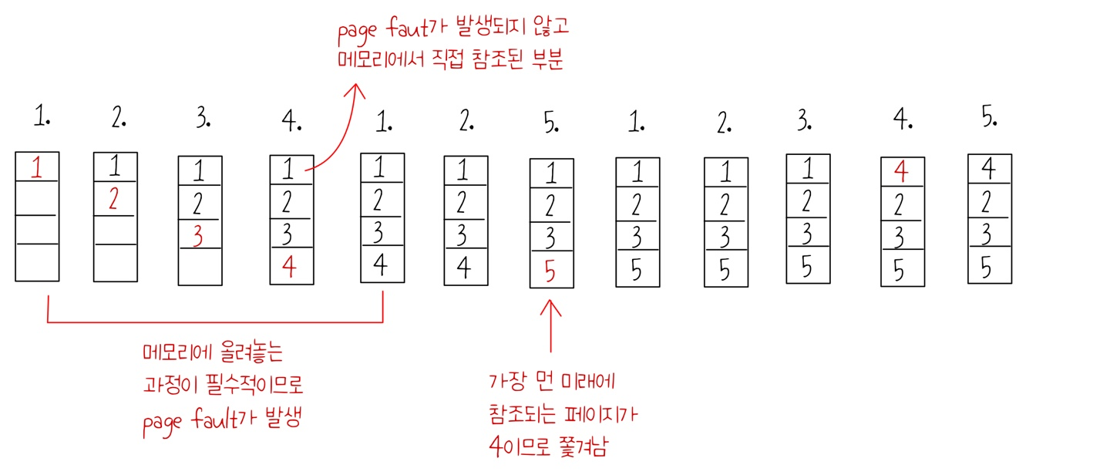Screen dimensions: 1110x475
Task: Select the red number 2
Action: [x=113, y=200]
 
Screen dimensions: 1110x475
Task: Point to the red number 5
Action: [x=550, y=271]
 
